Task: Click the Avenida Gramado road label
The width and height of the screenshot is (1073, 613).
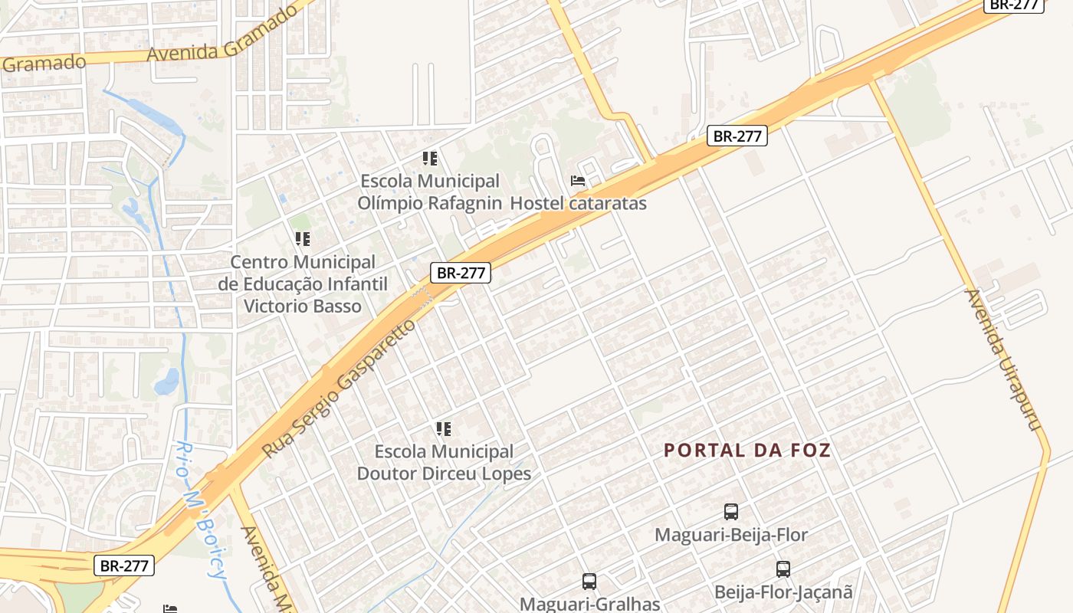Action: [x=221, y=35]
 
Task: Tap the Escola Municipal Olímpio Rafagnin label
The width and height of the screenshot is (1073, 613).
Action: [x=430, y=192]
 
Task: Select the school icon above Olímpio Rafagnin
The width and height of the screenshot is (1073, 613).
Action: [x=430, y=159]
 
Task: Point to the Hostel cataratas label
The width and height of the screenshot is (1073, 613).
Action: [x=578, y=203]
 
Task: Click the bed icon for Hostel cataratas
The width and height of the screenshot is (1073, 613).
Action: [x=578, y=181]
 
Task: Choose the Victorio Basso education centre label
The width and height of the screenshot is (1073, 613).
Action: [x=303, y=284]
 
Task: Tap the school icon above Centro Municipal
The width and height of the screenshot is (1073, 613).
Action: [x=303, y=239]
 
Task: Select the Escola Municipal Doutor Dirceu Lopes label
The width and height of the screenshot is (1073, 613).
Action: [x=444, y=463]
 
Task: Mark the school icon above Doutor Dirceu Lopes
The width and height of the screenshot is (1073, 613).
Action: [x=444, y=428]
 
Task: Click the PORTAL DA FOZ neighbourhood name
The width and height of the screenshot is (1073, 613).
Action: [x=747, y=451]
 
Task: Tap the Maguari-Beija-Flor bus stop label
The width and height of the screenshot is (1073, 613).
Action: [x=730, y=534]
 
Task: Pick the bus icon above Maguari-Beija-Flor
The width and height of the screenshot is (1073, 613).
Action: [x=731, y=511]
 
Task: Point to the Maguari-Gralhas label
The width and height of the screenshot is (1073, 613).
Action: [x=589, y=603]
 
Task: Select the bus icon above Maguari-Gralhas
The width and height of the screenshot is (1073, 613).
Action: [x=589, y=581]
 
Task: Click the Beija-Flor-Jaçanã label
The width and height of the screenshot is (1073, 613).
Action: [x=783, y=592]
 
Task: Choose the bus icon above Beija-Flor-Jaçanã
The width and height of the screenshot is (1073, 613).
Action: [x=783, y=569]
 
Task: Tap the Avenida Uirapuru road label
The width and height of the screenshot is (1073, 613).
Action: [x=1006, y=359]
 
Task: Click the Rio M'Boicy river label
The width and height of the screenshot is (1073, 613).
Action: [x=199, y=510]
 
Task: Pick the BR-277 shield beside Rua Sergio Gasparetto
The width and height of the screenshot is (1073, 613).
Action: [x=460, y=272]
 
